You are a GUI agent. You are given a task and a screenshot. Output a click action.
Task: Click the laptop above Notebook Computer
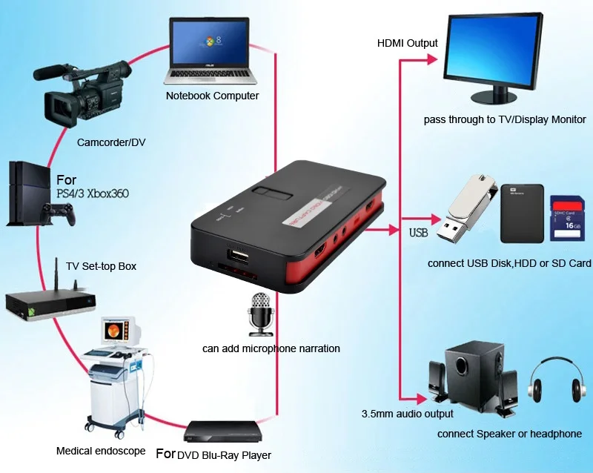(211, 50)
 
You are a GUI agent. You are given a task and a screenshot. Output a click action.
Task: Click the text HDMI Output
(407, 43)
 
